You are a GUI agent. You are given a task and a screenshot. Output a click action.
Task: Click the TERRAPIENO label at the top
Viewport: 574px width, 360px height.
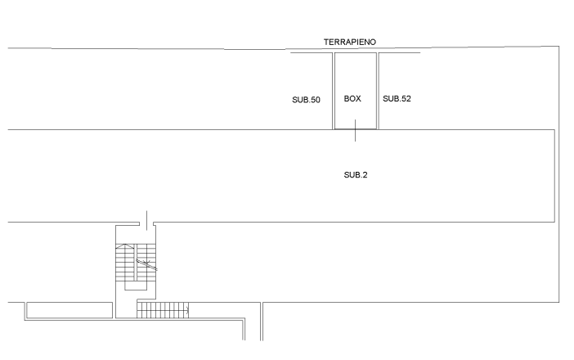coord(349,41)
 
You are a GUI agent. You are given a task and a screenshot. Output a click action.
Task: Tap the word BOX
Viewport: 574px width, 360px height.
coord(352,98)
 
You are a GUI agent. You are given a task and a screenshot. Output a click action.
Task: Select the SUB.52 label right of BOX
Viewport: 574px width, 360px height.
coord(397,98)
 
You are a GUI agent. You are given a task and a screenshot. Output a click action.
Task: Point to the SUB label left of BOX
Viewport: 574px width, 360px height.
coord(306,99)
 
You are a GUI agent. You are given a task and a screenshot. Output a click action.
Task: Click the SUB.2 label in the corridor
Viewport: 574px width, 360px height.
coord(355,174)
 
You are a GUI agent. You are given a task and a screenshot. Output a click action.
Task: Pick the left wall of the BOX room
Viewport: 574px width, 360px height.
coord(334,90)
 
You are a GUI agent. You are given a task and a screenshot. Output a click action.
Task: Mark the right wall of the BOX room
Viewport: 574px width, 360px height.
coord(376,90)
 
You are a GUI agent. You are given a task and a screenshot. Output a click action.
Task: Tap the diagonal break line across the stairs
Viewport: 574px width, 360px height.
coord(147,263)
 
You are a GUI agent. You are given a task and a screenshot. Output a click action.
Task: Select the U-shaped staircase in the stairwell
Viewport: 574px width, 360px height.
coord(135,266)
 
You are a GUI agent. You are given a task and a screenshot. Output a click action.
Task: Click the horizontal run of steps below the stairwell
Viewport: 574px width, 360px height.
coord(163,309)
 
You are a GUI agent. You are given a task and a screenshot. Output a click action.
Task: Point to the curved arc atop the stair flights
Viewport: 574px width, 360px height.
coord(126,245)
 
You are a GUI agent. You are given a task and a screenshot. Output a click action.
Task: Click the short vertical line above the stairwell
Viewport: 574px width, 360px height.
coord(146,217)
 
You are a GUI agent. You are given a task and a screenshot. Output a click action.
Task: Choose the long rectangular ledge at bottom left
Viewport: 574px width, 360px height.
coord(69,310)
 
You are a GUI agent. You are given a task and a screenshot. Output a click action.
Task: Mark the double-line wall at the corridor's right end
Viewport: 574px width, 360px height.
coord(554,175)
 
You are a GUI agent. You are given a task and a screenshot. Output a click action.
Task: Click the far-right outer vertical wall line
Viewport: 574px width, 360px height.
coord(560,172)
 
